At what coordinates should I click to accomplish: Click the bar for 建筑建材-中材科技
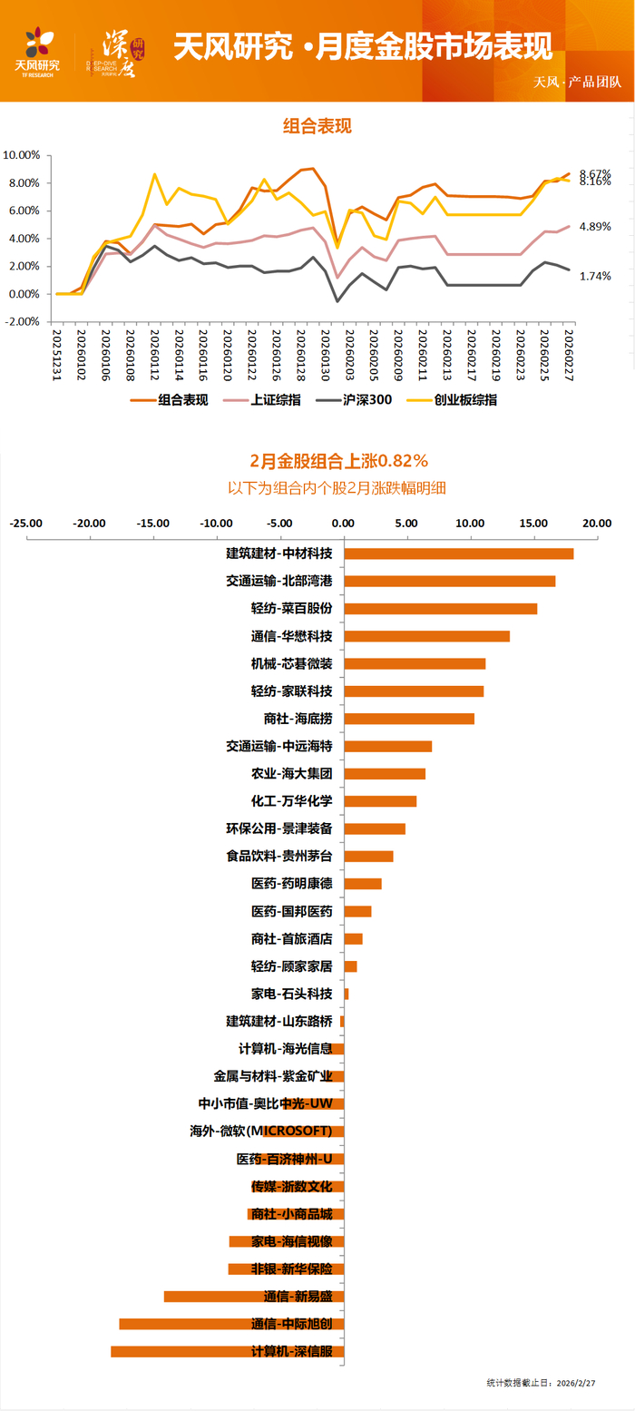point(458,554)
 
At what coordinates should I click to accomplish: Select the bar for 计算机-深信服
point(227,1351)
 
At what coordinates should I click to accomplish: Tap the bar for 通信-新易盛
point(253,1296)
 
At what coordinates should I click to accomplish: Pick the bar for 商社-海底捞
point(408,719)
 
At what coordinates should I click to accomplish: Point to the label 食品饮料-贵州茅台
point(278,856)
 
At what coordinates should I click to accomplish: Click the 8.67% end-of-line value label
point(595,172)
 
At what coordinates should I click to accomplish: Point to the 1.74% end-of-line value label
point(595,276)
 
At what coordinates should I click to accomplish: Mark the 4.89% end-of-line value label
point(595,227)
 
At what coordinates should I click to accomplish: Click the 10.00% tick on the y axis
point(22,155)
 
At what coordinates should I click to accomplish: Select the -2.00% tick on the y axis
point(22,322)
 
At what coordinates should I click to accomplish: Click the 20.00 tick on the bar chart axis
point(597,524)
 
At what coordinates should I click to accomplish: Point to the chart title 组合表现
point(317,126)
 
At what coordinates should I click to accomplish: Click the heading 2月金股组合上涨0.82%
point(338,460)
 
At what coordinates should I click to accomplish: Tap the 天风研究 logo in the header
point(38,51)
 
